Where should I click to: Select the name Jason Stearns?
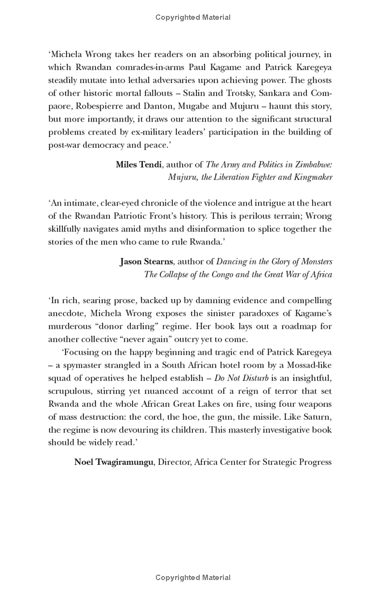[x=146, y=262]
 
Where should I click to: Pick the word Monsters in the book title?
[x=316, y=262]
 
